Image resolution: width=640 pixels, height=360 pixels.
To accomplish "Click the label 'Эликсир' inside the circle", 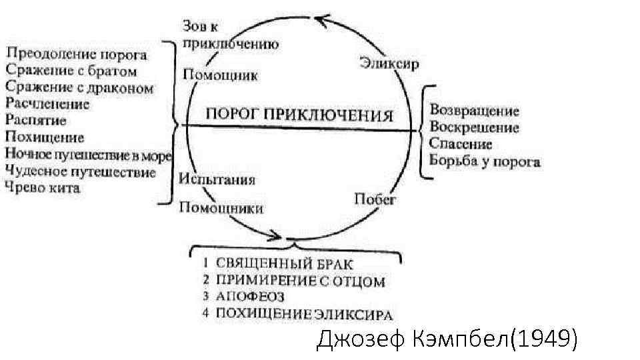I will click(389, 63).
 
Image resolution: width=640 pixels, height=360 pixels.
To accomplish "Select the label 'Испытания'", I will click(218, 180).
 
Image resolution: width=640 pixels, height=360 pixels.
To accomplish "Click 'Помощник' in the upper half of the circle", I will click(220, 74).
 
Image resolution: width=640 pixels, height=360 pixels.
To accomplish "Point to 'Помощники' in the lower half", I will click(221, 208).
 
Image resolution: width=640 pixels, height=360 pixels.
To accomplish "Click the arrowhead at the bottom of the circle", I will click(275, 235).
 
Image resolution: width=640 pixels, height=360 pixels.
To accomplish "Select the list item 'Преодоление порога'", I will click(85, 53).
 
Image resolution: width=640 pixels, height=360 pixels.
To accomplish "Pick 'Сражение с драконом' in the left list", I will click(79, 87).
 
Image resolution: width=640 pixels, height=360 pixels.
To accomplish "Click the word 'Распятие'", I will click(36, 121).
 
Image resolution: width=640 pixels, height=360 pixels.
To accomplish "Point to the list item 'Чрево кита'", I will click(43, 188).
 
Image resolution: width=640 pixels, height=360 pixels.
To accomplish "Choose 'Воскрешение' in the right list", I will click(474, 127).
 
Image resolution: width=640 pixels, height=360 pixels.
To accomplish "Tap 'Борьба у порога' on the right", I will click(485, 161).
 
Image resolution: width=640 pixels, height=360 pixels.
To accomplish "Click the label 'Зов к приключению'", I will click(229, 35).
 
